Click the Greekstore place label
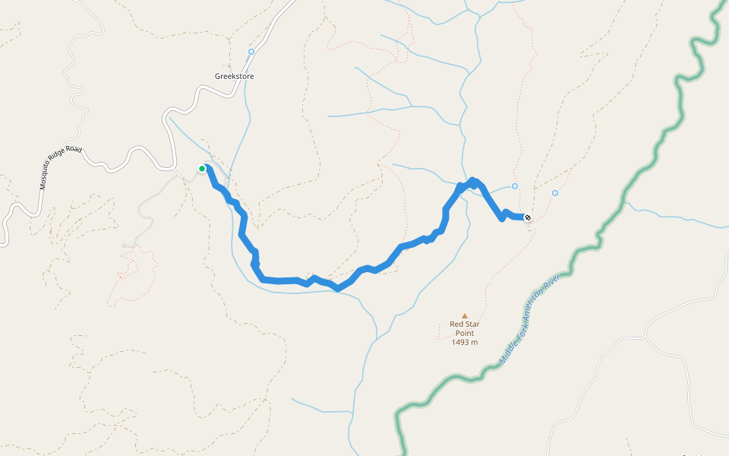pos(234,77)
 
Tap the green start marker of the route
pos(202,169)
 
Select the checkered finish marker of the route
pos(528,218)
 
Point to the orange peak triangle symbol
pos(465,315)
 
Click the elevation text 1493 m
pos(465,342)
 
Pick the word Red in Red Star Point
pos(457,324)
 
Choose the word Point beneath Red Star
pos(465,333)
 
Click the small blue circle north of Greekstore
pos(251,52)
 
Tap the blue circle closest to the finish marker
pos(515,186)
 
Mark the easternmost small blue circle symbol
pos(555,193)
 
